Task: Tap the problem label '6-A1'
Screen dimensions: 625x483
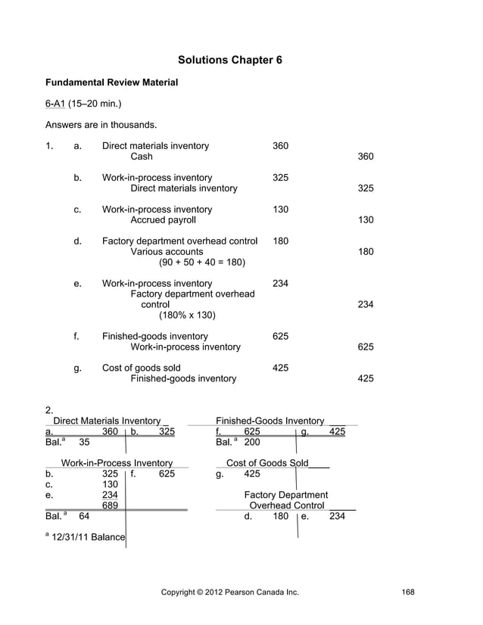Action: click(x=55, y=103)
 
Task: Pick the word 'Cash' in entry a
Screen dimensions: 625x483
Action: click(x=142, y=157)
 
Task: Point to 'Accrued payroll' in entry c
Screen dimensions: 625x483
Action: click(x=163, y=220)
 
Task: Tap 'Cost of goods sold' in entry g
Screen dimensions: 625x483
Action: click(x=142, y=368)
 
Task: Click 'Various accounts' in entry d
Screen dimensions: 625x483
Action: click(x=167, y=252)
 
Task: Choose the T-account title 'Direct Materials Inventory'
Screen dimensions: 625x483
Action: click(x=107, y=420)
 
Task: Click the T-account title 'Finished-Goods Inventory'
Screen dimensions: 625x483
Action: click(x=270, y=420)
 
